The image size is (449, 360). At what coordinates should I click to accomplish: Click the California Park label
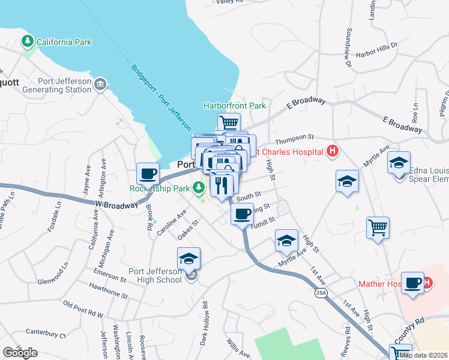64,42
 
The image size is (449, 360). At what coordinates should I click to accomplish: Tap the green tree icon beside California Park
27,41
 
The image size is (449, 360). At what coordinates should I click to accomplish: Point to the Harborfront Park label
234,106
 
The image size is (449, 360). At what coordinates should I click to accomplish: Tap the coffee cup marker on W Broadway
148,175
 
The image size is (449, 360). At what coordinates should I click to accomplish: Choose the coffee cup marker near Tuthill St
242,213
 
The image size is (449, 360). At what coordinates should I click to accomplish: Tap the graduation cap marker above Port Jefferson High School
188,259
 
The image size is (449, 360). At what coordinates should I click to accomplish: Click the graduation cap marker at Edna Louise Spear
399,163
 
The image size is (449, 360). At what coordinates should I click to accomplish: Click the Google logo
20,353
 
